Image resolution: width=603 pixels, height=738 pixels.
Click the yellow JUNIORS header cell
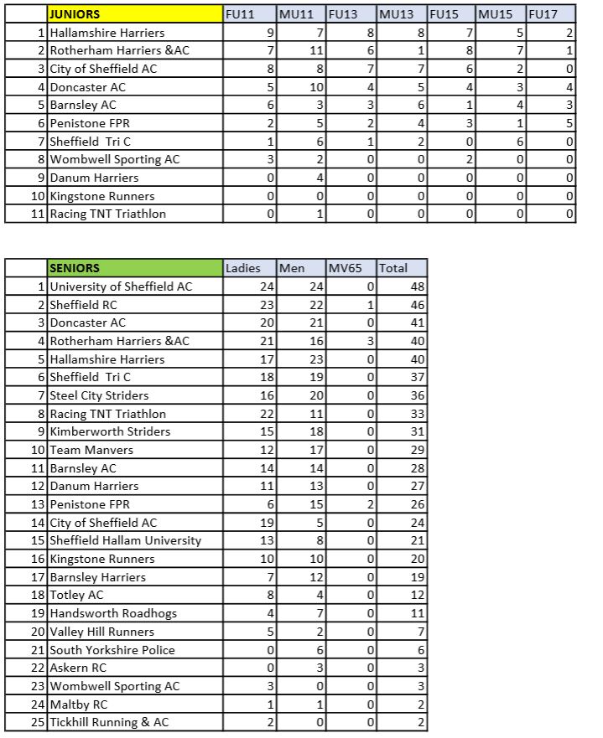[x=134, y=14]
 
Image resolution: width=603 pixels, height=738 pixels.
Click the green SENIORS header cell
[x=134, y=268]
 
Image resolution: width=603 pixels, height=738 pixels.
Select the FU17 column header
[x=551, y=14]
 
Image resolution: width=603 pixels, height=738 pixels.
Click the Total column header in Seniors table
[x=401, y=268]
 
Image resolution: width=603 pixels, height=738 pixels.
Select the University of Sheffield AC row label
[x=121, y=286]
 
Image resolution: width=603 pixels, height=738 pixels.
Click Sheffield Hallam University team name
[x=125, y=540]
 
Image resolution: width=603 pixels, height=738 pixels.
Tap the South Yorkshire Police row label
[x=112, y=650]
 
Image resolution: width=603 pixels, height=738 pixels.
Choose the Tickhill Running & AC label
[x=109, y=723]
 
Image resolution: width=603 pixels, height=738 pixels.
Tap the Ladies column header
[x=242, y=268]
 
